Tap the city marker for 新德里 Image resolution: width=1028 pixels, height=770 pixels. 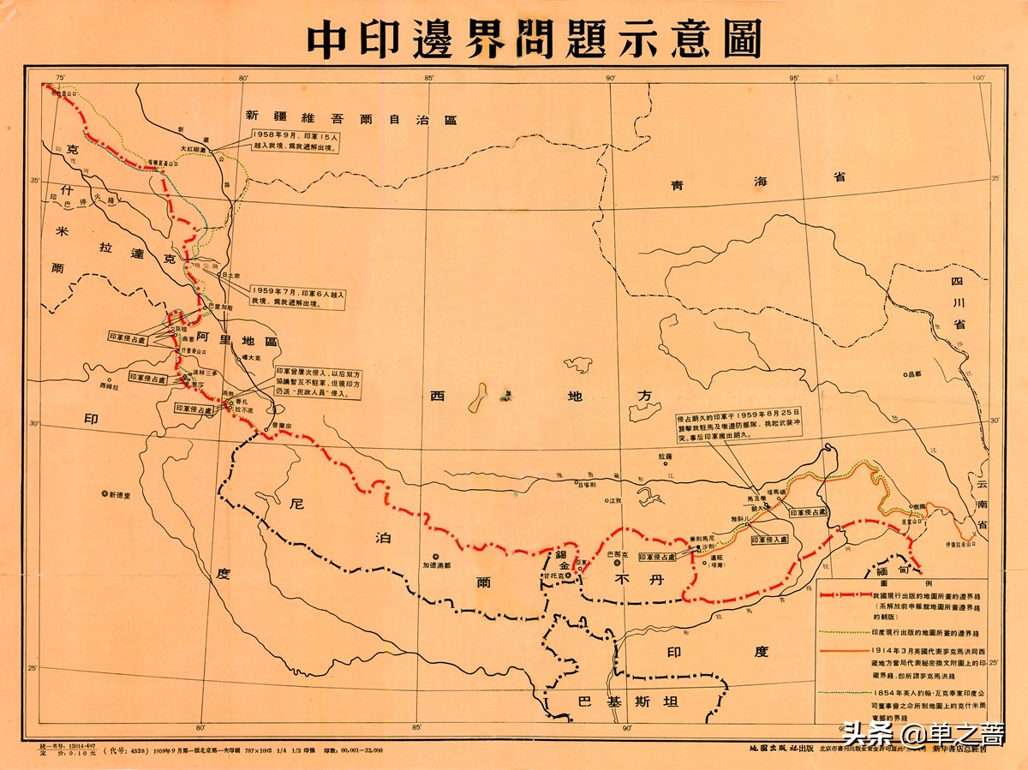(x=105, y=493)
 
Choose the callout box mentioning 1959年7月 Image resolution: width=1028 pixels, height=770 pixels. (x=298, y=298)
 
